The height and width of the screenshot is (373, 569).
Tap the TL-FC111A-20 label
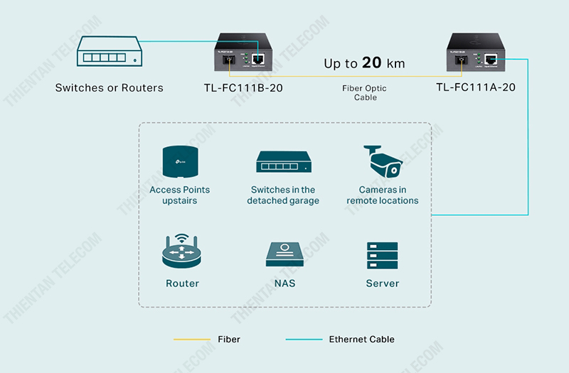tap(476, 87)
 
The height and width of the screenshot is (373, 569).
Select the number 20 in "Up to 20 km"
tap(372, 63)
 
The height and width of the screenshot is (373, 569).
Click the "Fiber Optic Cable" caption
tap(366, 93)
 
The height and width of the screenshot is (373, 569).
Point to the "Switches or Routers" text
tap(110, 88)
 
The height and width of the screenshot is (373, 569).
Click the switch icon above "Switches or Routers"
tap(109, 54)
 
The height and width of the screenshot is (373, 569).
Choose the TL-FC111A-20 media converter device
tap(475, 54)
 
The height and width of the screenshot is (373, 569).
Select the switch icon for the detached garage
tap(283, 164)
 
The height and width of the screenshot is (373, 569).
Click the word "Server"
tap(383, 283)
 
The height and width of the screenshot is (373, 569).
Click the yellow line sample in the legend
tap(191, 340)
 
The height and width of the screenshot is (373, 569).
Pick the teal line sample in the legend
tap(304, 340)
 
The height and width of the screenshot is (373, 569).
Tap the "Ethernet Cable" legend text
tap(361, 340)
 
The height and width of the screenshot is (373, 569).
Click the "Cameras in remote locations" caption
tap(383, 195)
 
